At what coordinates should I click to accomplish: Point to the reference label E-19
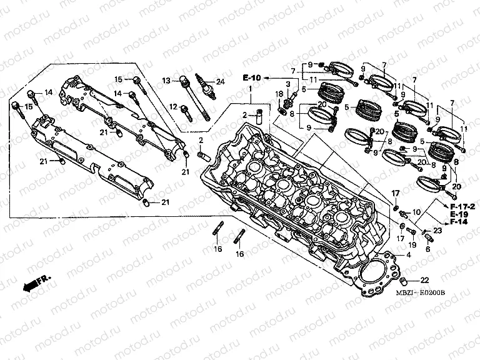(459, 214)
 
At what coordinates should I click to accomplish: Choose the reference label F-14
(459, 222)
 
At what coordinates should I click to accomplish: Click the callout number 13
(167, 81)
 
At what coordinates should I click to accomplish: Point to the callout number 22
(424, 280)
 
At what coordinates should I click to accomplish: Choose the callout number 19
(412, 244)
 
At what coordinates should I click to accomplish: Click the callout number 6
(427, 249)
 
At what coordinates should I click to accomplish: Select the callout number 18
(279, 93)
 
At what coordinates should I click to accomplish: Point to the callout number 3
(287, 84)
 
